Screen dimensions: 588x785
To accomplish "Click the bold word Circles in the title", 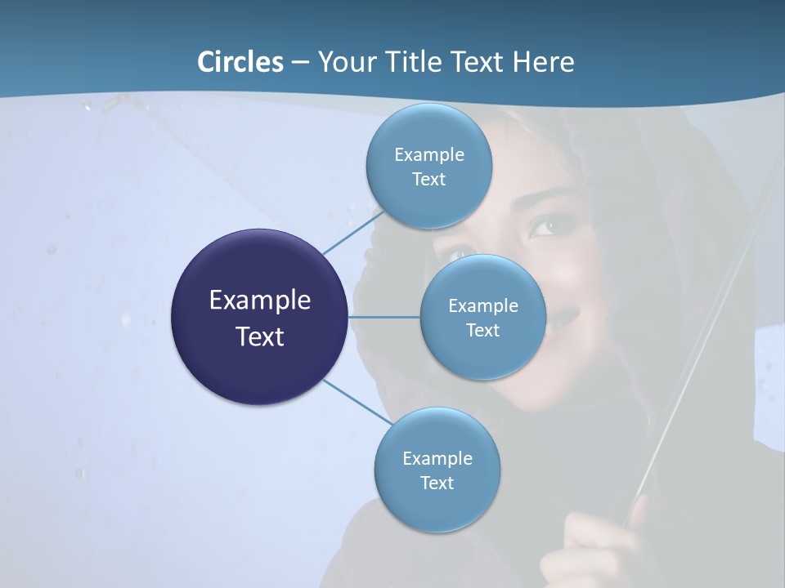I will coord(240,62).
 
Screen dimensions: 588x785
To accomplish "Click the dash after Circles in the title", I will coord(300,63).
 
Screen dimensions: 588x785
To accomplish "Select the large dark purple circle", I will coord(259,317).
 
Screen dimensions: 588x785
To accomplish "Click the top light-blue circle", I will coord(428,166).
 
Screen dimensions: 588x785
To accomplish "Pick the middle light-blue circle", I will coord(482,317).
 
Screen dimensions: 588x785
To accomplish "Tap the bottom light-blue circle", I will coord(437,470).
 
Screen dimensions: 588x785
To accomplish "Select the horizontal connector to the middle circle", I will coord(384,317).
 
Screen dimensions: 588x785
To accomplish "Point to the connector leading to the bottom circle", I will coord(357,403).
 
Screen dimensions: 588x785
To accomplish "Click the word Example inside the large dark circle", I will coord(259,300).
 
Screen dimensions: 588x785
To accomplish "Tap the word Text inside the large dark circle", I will coord(259,336).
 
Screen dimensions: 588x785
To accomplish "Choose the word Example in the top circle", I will coord(428,154).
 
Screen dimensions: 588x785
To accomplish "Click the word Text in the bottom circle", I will coord(437,483).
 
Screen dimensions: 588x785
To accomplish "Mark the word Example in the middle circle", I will coord(482,305).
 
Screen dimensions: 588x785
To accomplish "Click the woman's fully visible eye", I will coord(547,225).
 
